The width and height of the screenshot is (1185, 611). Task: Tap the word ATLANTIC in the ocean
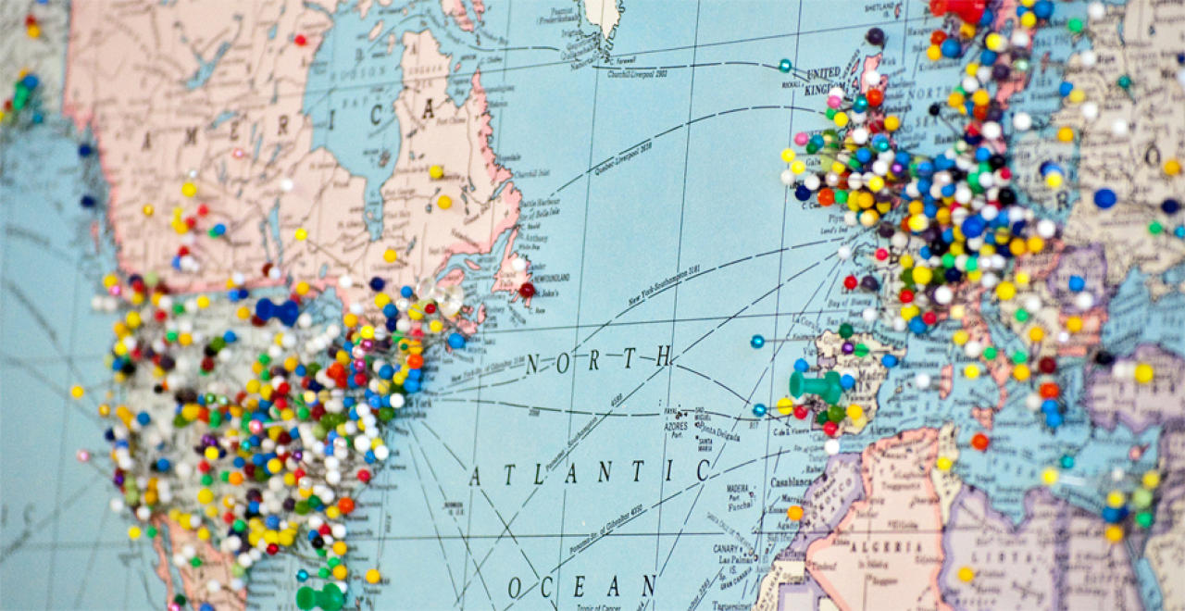pos(589,473)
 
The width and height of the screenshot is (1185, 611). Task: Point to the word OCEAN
pos(581,587)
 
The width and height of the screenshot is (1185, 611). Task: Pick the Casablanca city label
pos(788,482)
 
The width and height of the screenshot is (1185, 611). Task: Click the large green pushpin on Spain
pos(815,384)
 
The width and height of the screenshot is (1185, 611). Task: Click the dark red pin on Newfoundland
pos(527,290)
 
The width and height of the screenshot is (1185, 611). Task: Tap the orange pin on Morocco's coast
pos(795,512)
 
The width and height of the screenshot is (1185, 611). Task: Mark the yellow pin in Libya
pos(966,574)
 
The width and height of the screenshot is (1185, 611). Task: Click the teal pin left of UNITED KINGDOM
pos(785,66)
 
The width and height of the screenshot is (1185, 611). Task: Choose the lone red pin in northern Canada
pos(300,40)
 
